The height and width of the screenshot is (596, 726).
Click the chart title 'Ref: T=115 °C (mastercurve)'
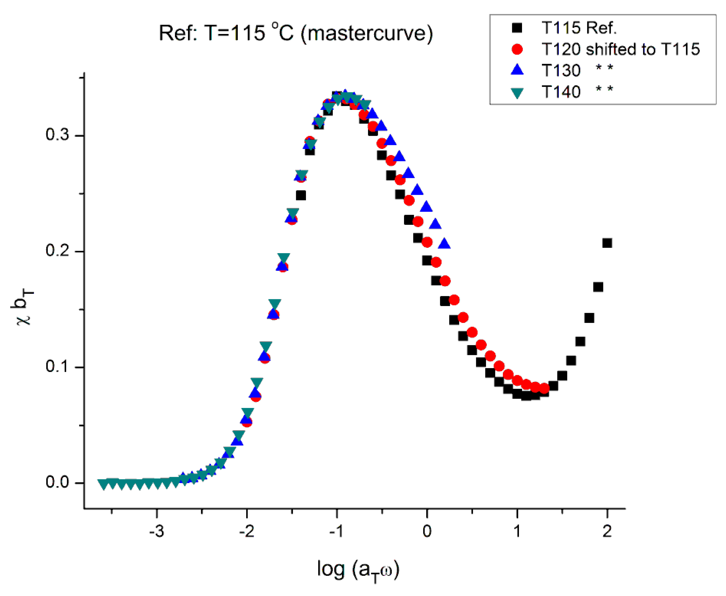click(x=296, y=33)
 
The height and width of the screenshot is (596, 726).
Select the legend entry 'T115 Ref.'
click(x=579, y=28)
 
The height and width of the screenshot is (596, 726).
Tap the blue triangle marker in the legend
click(x=517, y=70)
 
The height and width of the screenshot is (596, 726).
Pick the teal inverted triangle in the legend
click(x=517, y=93)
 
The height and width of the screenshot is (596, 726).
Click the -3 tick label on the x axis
click(x=156, y=531)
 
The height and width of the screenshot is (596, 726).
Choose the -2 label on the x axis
click(x=246, y=531)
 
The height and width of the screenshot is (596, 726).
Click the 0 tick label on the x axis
click(x=427, y=531)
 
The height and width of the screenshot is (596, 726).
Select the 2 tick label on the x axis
click(x=607, y=531)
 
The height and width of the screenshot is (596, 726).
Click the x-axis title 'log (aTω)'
click(x=358, y=570)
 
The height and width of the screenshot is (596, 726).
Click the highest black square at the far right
click(x=607, y=243)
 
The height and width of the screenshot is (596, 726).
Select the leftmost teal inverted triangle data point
click(x=103, y=484)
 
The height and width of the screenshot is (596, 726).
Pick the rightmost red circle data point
click(x=544, y=388)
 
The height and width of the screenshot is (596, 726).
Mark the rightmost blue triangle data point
click(x=444, y=243)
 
